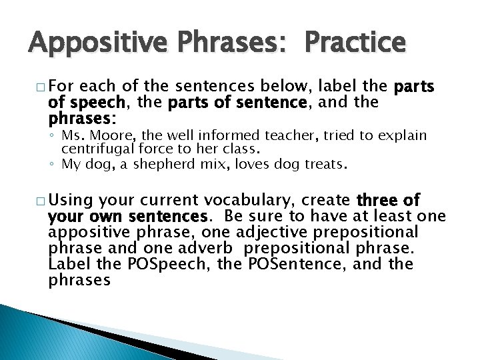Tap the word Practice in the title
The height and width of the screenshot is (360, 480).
pyautogui.click(x=354, y=43)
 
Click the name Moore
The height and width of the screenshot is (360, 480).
pyautogui.click(x=102, y=136)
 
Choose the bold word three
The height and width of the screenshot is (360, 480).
pyautogui.click(x=382, y=201)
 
